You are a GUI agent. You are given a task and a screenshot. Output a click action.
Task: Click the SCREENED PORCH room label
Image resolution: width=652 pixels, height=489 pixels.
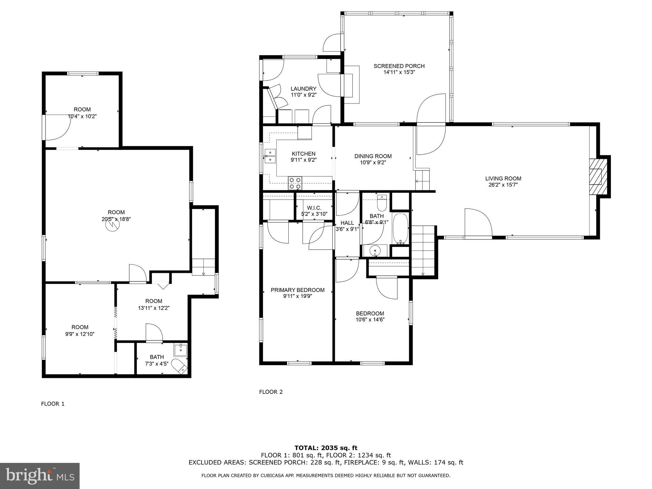coord(399,66)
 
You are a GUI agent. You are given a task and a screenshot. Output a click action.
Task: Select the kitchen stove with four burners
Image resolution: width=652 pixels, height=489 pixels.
coord(295,183)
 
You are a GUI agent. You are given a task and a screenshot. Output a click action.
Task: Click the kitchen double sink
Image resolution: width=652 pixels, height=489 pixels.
coord(270,156)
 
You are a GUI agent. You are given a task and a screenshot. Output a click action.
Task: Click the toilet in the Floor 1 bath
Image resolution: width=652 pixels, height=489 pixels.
coord(179,366)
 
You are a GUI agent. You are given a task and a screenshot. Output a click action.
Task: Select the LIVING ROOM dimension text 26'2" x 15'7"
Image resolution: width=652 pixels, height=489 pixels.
coord(503,185)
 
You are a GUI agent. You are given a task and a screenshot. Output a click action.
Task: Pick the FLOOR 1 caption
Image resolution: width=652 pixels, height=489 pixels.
coord(53,404)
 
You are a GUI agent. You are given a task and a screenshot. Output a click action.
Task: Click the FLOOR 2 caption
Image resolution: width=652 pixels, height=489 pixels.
coord(271,392)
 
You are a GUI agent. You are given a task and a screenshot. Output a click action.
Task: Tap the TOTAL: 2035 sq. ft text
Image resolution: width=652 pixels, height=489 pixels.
coord(326,448)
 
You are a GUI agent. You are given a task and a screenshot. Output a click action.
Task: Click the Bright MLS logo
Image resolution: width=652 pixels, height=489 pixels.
coord(40,476)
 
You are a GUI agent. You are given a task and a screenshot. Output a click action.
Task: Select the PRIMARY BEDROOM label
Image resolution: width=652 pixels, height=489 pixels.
coord(298,290)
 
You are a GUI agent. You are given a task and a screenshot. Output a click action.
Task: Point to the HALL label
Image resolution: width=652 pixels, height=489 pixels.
coord(347,223)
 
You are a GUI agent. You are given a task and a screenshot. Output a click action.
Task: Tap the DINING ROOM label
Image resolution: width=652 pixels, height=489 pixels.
coord(373,156)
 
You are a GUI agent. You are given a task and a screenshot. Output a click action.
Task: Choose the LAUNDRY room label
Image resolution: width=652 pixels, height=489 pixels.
coord(303,89)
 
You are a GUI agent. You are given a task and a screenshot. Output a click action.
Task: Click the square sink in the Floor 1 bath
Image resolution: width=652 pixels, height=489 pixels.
coord(181,350)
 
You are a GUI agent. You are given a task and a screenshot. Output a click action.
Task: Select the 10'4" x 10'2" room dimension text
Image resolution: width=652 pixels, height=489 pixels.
coord(82,117)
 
